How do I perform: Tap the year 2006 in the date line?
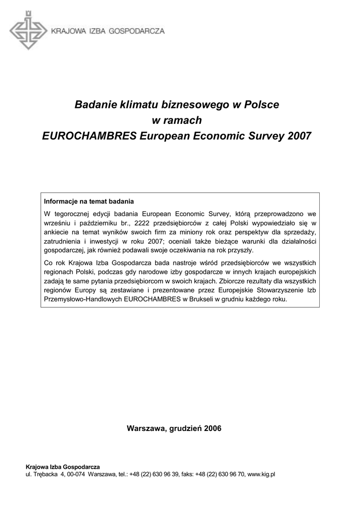[x=212, y=428]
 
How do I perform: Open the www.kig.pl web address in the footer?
[x=261, y=474]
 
